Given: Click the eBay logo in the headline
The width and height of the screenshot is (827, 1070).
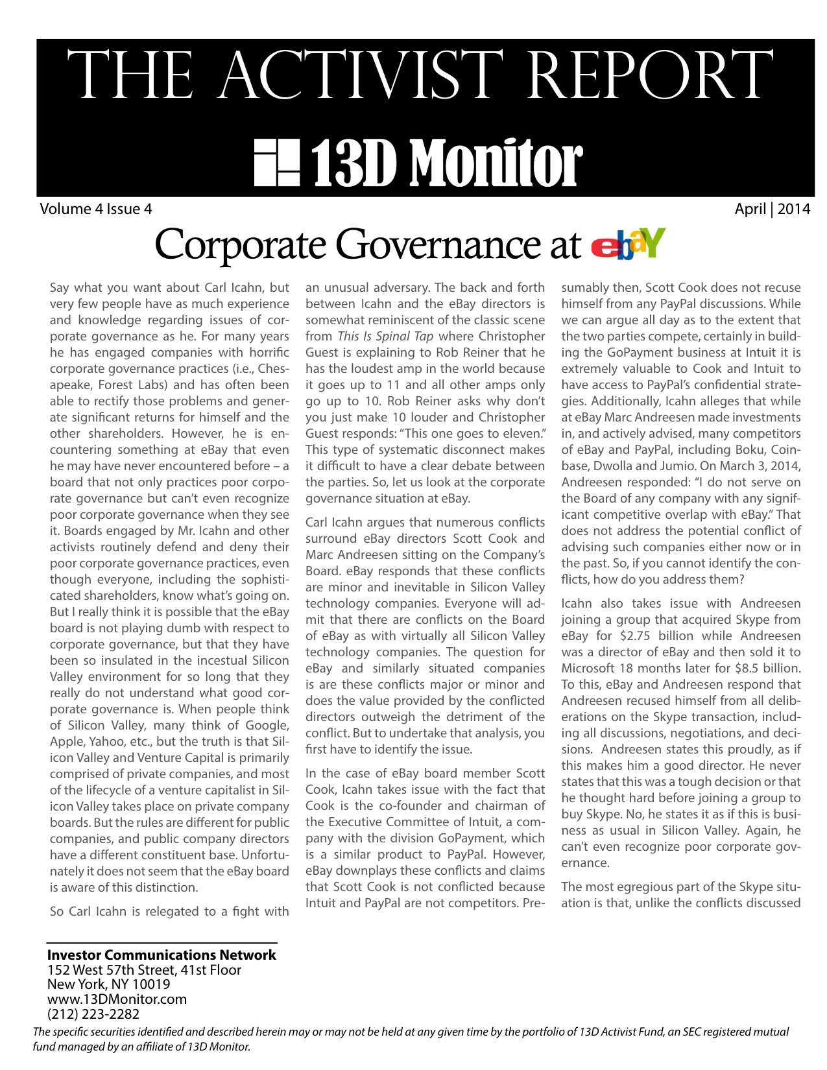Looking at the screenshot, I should [628, 244].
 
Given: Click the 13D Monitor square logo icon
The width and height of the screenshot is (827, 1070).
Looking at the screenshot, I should [276, 161].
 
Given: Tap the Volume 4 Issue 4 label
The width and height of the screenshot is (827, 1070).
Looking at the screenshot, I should [96, 209].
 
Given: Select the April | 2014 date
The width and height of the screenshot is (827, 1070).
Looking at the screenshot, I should [772, 209].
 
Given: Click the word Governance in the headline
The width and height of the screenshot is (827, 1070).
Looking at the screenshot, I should [442, 245].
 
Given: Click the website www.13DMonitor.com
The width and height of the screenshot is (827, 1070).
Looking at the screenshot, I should [117, 999].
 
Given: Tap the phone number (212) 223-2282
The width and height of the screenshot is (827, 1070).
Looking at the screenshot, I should [93, 1014].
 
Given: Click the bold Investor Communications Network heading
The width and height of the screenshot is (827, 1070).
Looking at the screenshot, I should [162, 955].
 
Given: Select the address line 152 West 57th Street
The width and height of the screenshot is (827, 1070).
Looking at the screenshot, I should [144, 970].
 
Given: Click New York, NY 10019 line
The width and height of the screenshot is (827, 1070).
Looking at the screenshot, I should [108, 984].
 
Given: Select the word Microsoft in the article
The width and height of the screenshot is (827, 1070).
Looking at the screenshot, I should [588, 669].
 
